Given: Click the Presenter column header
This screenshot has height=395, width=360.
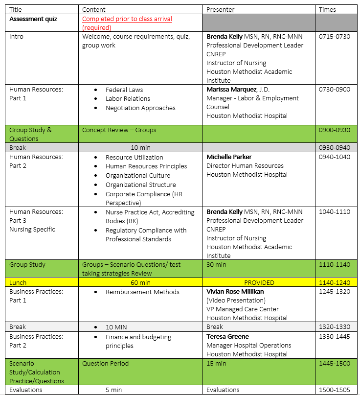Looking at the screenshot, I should [220, 10].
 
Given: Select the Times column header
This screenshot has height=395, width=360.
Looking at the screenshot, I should [327, 10].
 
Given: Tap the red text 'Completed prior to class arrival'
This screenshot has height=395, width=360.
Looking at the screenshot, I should [127, 19].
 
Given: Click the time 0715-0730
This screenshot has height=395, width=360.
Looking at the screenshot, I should [335, 37].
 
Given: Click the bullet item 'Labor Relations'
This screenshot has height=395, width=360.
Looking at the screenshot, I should [128, 99].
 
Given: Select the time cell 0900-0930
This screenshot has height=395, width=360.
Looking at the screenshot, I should [335, 130].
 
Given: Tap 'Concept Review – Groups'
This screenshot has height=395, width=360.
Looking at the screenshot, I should [119, 130].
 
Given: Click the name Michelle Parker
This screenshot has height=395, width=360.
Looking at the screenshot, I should [229, 157].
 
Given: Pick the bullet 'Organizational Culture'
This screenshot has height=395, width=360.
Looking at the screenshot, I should [138, 176].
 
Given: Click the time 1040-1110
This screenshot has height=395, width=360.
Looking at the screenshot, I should [335, 212].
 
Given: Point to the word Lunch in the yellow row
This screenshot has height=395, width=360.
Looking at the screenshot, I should [18, 283].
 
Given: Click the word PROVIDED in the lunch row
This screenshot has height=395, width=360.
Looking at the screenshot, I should [259, 283].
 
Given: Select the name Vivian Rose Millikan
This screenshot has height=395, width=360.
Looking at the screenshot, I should [235, 292].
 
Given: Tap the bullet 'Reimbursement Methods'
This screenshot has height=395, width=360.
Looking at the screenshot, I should [142, 292].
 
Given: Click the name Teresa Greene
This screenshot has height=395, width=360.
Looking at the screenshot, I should [227, 337].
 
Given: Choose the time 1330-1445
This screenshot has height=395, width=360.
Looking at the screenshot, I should [335, 337].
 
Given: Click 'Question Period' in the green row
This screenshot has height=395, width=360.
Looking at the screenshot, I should [105, 364].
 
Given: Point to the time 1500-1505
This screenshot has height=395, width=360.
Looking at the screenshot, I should [335, 390].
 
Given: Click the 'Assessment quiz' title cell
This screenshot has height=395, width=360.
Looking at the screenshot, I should [33, 19].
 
